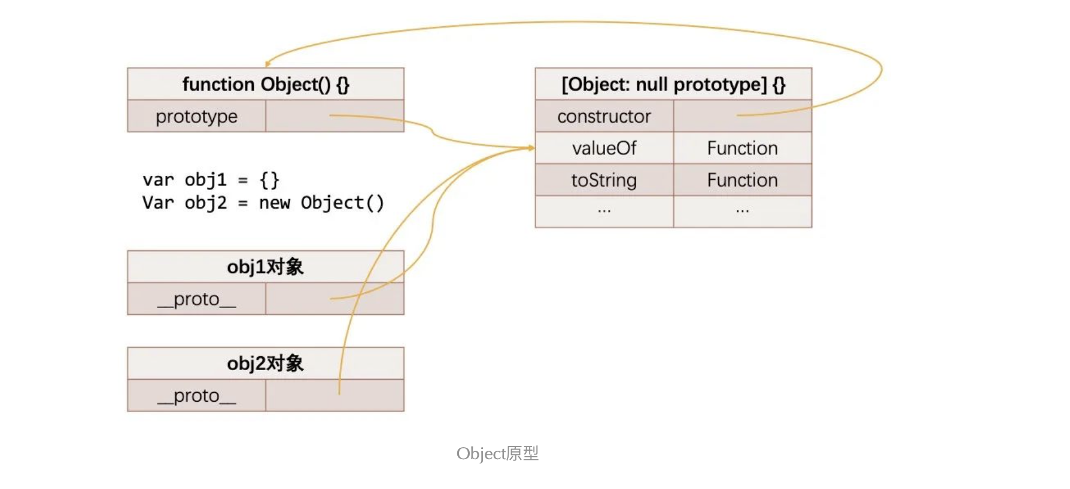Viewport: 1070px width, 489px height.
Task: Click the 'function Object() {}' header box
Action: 266,84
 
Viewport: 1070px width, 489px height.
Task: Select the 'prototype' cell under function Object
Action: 196,116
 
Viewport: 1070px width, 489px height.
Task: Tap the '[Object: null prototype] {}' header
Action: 673,84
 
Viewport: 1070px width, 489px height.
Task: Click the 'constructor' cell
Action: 604,116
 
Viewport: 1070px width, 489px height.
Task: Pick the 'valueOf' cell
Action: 604,148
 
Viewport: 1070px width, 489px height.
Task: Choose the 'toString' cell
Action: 604,180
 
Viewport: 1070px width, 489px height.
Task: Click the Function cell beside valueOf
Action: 742,148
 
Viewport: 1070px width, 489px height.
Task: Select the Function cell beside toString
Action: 742,180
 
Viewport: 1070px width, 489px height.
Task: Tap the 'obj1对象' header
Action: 266,267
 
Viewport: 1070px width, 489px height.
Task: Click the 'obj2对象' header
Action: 266,363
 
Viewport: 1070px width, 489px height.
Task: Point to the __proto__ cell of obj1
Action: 196,299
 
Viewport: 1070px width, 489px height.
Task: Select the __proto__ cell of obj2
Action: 196,396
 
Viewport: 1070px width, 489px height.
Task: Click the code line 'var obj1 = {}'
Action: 211,179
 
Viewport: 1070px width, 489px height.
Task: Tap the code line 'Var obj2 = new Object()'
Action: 263,203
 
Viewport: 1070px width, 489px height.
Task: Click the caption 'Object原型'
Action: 497,454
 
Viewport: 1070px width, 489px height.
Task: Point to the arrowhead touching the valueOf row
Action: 531,148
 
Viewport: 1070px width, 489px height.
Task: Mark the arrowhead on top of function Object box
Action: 267,63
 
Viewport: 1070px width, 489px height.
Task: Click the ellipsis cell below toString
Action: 604,212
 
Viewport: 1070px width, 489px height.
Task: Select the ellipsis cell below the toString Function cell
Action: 742,212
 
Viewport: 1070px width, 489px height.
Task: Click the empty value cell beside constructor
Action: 742,116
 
